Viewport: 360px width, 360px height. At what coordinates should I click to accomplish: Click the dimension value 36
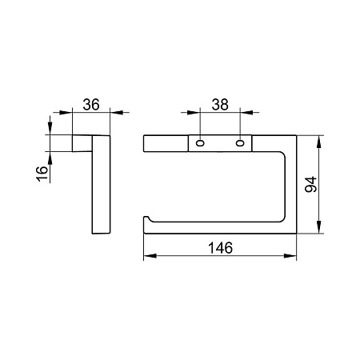[x=91, y=104]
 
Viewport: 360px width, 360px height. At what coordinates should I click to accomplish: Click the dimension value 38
[x=220, y=104]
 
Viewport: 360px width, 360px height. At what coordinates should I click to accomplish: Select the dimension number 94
[x=310, y=184]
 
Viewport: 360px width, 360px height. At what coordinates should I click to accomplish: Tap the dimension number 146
[x=220, y=248]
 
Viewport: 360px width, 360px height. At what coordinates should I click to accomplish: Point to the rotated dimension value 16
[x=42, y=174]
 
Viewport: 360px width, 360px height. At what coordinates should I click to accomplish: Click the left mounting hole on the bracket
[x=200, y=143]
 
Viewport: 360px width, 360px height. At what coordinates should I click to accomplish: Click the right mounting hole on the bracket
[x=240, y=143]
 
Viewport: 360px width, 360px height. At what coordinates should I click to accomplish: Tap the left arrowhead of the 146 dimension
[x=150, y=256]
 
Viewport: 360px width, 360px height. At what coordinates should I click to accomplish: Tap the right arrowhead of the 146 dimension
[x=290, y=256]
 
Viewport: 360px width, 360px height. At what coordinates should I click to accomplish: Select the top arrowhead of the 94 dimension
[x=318, y=142]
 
